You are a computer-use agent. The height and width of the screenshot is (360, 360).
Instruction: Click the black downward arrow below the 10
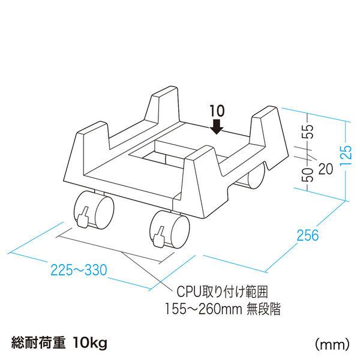(217, 125)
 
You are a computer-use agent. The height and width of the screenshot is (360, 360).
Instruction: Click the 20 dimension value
(326, 169)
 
